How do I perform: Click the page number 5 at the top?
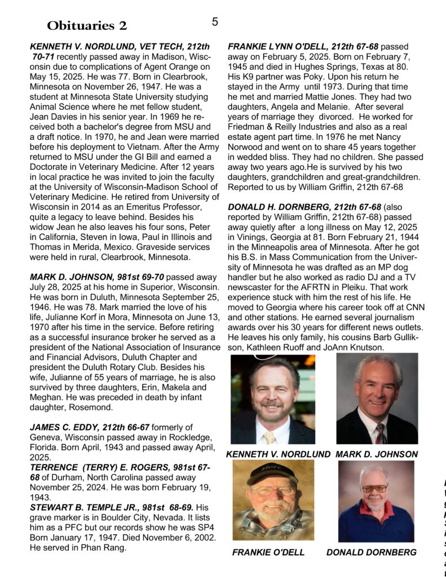[215, 22]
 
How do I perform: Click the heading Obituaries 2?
[87, 25]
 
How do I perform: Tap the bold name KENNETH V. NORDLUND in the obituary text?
[80, 46]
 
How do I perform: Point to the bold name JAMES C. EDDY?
[61, 427]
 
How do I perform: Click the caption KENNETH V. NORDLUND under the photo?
[278, 454]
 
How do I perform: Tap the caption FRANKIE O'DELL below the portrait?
[268, 552]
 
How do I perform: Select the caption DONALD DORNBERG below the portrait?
[371, 552]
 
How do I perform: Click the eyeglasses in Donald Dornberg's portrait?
[374, 488]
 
